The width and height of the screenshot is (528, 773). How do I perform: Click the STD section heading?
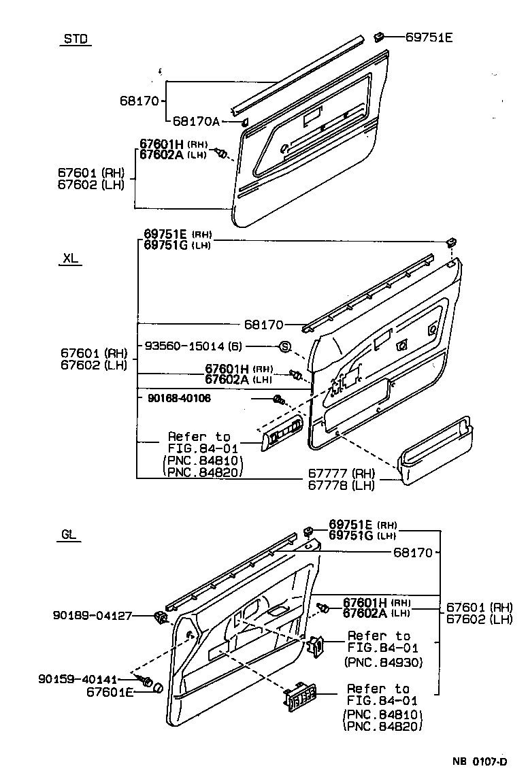[76, 39]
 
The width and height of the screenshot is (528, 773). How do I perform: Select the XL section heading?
[70, 259]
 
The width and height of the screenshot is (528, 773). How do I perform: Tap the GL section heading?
[69, 535]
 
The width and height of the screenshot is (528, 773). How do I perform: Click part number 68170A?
[196, 121]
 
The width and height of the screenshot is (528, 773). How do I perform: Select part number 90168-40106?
[178, 398]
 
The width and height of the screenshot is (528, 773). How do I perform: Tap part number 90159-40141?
[78, 679]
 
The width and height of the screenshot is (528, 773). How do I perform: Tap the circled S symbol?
[285, 347]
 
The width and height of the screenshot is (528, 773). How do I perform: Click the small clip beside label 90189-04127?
[162, 617]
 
